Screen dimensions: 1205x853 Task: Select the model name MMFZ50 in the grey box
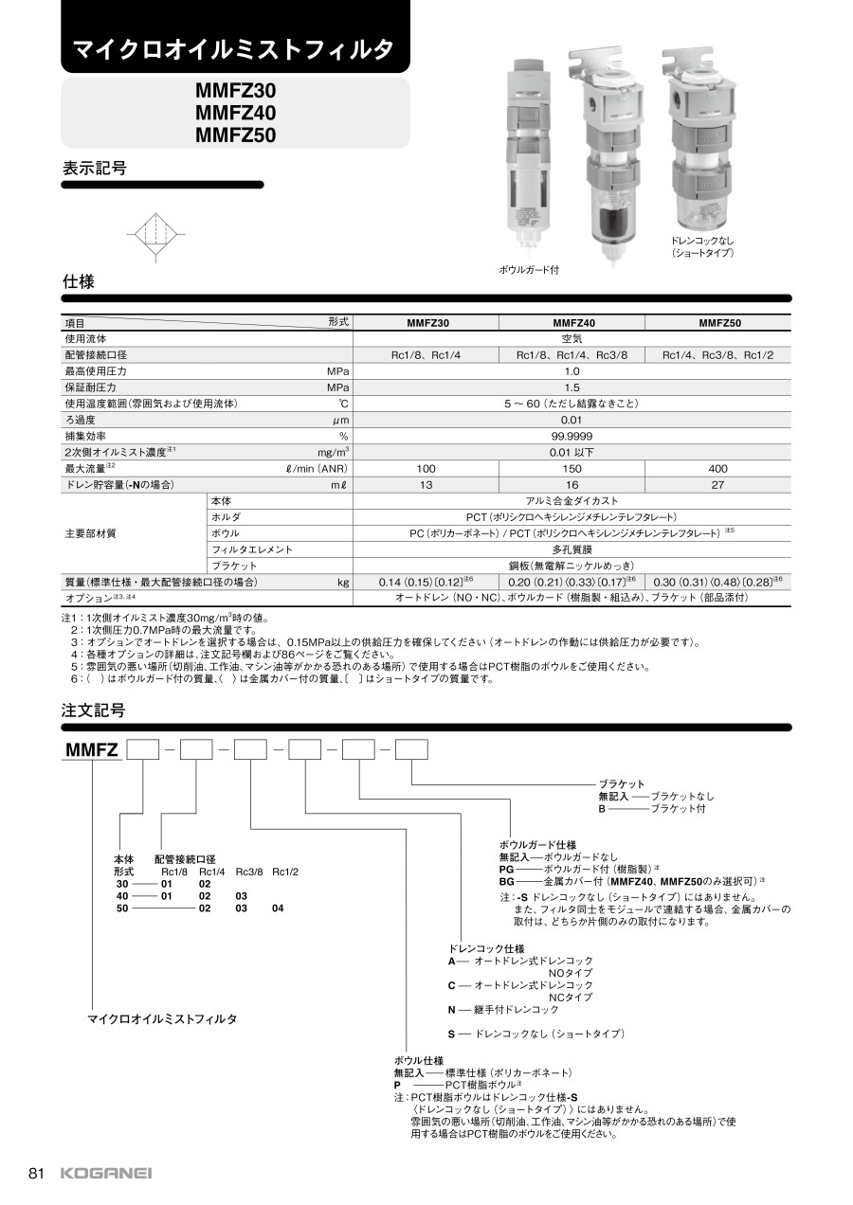pos(235,135)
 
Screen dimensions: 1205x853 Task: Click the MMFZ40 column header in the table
pos(572,322)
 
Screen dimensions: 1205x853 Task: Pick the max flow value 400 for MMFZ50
pos(717,468)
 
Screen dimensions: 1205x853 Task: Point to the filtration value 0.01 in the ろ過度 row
pos(572,420)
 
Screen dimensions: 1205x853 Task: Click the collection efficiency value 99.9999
pos(572,436)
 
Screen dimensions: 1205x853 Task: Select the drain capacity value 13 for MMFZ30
pos(426,484)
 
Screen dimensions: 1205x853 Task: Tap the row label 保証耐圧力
pos(90,387)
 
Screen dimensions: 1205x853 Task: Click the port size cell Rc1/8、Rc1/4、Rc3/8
pos(572,354)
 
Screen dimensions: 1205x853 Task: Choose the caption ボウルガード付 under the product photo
pos(528,270)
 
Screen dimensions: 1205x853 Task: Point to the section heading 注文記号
pos(93,710)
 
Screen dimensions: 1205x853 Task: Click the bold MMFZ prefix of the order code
pos(91,751)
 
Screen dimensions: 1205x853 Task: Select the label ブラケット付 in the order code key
pos(678,809)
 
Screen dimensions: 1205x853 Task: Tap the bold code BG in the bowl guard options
pos(506,880)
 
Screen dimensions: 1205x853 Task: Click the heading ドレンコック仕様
pos(486,948)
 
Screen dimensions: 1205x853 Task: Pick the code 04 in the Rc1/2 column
pos(278,908)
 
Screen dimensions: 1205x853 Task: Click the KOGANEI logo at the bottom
pos(105,1174)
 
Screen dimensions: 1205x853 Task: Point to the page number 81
pos(38,1174)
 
